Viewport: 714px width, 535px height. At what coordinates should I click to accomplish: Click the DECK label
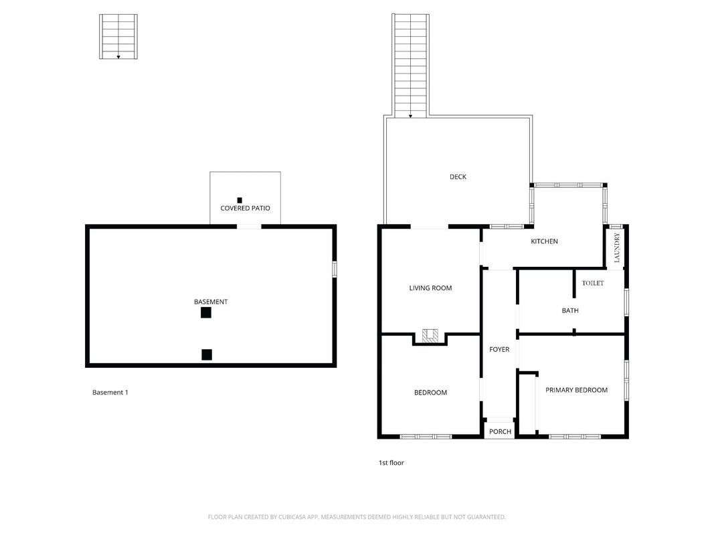(458, 177)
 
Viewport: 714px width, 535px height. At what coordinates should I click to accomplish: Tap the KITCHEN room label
(544, 241)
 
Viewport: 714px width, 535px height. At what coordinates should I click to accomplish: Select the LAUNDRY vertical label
(617, 247)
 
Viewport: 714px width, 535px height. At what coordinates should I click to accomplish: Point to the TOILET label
(593, 283)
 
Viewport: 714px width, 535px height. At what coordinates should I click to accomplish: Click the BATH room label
(570, 311)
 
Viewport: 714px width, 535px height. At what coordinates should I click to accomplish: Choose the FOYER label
(499, 349)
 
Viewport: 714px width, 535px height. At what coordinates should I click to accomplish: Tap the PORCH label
(500, 432)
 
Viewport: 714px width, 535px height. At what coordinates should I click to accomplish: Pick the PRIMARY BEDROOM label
(576, 391)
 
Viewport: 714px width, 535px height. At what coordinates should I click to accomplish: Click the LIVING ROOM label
(430, 288)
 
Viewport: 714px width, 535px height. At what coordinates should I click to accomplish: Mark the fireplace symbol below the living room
(430, 336)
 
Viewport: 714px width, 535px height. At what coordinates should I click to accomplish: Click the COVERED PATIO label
(245, 209)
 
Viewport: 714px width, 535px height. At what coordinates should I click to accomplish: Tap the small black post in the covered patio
(240, 200)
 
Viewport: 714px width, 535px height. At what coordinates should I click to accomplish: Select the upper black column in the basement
(206, 312)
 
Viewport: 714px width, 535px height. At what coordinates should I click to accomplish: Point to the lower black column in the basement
(207, 354)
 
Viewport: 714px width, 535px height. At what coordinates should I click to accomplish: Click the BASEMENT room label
(211, 302)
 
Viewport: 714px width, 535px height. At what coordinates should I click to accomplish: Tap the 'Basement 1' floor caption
(110, 393)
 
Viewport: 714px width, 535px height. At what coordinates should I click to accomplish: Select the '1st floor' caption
(391, 463)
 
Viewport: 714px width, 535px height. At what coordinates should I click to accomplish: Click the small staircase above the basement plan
(118, 36)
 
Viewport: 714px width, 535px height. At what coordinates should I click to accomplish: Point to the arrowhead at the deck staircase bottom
(410, 116)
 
